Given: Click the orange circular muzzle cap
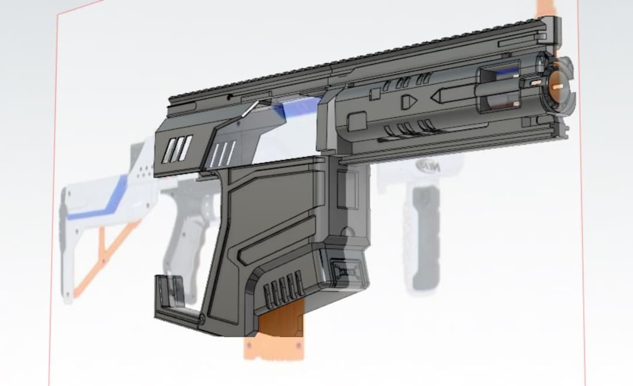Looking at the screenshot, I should (x=557, y=84).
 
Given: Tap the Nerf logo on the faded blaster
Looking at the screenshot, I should (x=427, y=166).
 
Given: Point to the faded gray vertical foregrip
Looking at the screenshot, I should (x=424, y=234).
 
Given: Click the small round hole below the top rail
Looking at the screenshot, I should (x=230, y=96).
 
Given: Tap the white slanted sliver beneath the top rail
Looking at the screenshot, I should (x=251, y=108).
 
